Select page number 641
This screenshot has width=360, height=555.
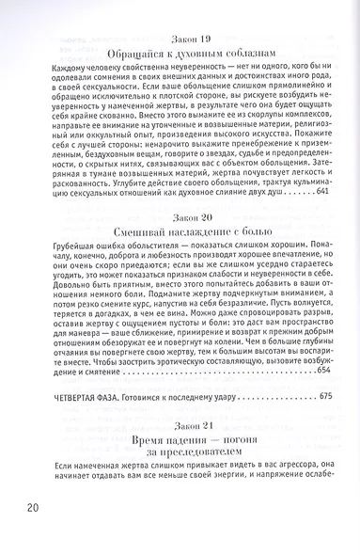click(x=321, y=191)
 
